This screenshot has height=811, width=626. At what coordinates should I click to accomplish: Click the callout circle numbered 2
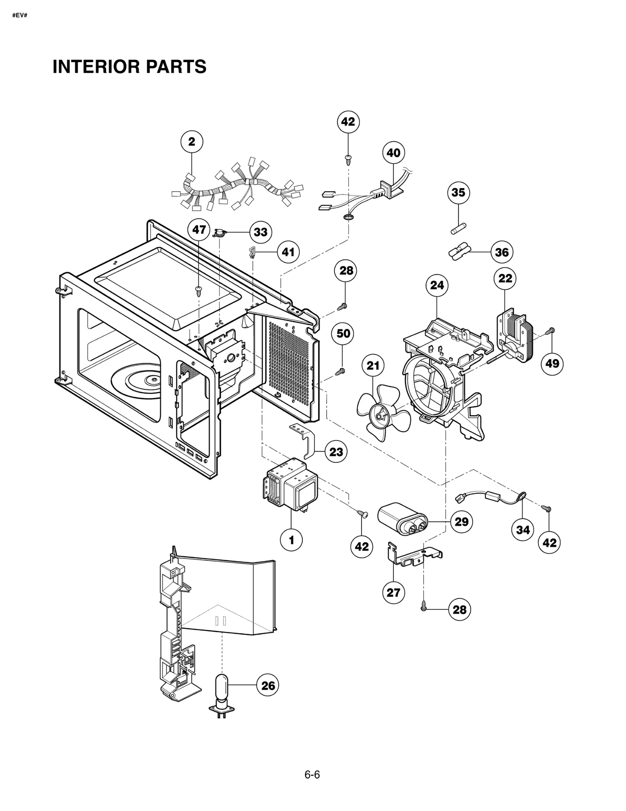191,142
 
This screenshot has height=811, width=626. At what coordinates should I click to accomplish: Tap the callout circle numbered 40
393,153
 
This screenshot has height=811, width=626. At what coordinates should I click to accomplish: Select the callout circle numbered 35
458,192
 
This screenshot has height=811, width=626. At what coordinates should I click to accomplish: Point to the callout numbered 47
199,230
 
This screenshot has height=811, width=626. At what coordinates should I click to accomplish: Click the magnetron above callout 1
291,484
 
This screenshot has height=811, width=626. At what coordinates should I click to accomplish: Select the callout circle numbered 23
336,452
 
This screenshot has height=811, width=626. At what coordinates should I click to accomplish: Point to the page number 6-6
312,775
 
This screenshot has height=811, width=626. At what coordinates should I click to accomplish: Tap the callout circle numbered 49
552,364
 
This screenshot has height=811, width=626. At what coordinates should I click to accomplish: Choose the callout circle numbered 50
343,334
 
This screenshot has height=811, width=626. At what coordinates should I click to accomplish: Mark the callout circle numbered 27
393,592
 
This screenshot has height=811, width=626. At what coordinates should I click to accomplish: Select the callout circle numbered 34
523,530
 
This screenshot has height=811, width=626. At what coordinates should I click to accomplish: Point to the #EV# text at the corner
20,16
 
